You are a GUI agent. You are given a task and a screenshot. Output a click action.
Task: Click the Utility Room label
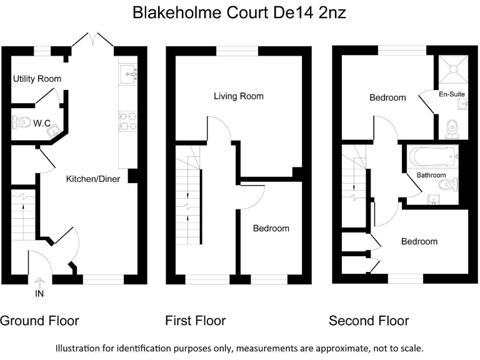(x=37, y=79)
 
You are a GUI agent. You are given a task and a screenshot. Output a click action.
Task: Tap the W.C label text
(x=42, y=124)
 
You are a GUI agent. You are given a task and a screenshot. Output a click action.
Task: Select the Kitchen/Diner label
(x=93, y=179)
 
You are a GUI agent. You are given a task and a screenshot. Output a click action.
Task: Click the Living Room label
(x=238, y=96)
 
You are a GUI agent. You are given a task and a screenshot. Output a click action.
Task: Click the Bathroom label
(x=431, y=175)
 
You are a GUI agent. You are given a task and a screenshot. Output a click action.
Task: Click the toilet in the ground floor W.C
(x=22, y=122)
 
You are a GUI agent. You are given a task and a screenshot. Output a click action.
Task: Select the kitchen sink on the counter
(x=131, y=74)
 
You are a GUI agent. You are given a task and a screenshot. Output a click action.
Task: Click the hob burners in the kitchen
(x=127, y=121)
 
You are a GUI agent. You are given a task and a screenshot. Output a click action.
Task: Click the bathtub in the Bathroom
(x=431, y=155)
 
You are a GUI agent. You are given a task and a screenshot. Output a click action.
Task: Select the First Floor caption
(x=195, y=321)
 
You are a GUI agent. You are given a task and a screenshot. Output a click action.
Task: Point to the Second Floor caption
(x=369, y=321)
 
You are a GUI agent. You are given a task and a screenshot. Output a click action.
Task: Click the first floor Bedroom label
(x=271, y=229)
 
